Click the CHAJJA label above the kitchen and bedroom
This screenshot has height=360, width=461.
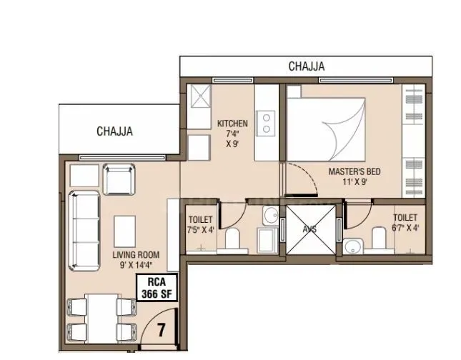coord(307,66)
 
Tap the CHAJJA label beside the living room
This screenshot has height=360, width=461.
coord(115,131)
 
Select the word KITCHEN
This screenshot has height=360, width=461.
coord(232,124)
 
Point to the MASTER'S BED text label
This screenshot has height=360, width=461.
coord(354,171)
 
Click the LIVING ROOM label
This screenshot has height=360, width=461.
coord(135,255)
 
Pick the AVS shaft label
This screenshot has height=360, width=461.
coord(309,229)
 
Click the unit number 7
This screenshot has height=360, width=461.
coord(162,331)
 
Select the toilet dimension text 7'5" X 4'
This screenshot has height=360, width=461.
coord(200,229)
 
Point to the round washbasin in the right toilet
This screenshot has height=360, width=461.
coord(354,247)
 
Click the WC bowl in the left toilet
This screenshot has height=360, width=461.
coord(232,239)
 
